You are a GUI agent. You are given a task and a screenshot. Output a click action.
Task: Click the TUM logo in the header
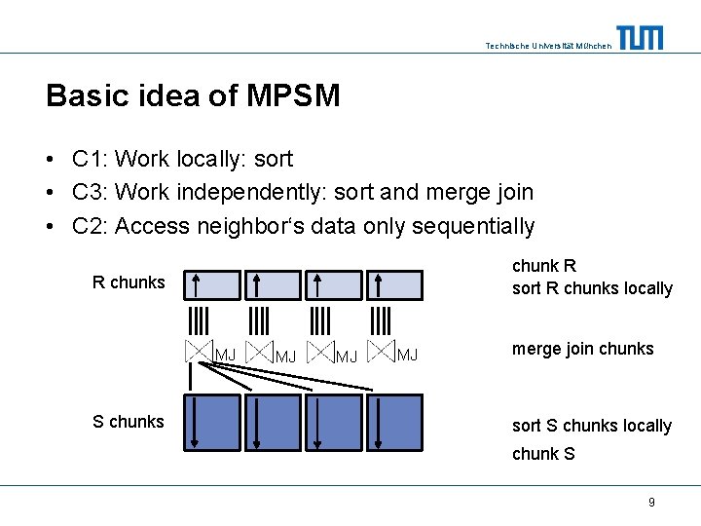640,37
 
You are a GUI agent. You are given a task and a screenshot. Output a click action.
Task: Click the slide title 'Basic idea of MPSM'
193,95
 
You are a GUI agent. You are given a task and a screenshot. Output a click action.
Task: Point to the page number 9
651,503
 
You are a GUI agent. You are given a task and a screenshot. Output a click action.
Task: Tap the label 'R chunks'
129,282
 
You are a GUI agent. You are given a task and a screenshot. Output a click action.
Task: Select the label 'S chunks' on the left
128,422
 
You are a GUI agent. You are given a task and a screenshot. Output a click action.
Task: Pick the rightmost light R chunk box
394,284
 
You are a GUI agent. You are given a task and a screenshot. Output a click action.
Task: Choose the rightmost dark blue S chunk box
395,423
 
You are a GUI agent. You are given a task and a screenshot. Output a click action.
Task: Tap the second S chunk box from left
272,423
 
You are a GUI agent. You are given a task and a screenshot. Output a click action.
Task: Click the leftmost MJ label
225,355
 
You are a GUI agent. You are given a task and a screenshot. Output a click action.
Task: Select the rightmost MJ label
407,355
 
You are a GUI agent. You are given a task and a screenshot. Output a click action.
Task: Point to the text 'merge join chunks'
582,349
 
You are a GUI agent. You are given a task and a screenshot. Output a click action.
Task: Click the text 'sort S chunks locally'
591,426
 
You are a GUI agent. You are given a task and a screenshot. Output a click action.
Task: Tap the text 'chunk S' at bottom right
543,454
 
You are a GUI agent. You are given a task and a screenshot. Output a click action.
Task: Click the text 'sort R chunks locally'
591,288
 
